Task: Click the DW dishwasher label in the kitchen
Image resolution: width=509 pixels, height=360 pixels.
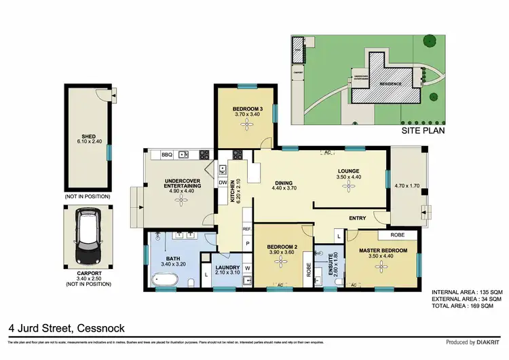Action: [x=222, y=183]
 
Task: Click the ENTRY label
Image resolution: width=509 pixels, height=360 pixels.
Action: [x=357, y=218]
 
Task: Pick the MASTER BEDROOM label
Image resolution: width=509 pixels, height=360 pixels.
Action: [x=384, y=251]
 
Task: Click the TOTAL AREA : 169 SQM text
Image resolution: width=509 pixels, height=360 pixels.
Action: [x=467, y=307]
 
